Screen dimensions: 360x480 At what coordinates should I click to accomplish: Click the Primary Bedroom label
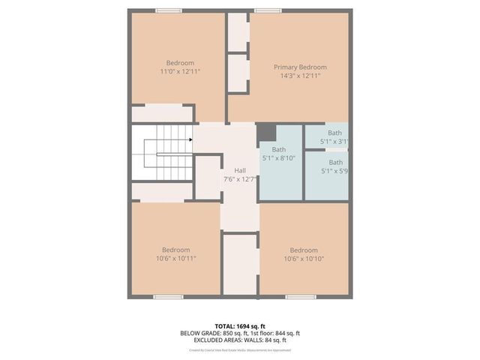click(x=300, y=67)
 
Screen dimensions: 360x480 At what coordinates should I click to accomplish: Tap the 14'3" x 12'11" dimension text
click(x=300, y=76)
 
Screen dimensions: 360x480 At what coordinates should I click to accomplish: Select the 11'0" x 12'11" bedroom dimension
click(x=180, y=71)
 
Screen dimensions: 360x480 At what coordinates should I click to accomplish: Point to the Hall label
click(x=240, y=170)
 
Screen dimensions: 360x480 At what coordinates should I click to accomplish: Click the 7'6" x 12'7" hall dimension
click(x=240, y=179)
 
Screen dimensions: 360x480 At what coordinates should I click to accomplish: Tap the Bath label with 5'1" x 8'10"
click(x=279, y=149)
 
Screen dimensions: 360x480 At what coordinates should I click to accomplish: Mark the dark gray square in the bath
click(x=266, y=133)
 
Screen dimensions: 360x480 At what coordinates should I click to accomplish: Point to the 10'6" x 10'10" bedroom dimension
click(x=304, y=259)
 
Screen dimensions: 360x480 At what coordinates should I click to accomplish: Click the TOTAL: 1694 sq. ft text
click(x=240, y=325)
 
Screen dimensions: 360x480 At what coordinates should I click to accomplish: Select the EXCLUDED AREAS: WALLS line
click(x=240, y=340)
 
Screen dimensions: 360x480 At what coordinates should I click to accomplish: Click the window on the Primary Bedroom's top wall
click(x=268, y=10)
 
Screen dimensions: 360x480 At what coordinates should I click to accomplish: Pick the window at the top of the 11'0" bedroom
click(x=168, y=10)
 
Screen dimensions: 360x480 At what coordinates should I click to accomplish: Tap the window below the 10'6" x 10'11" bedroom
click(x=168, y=297)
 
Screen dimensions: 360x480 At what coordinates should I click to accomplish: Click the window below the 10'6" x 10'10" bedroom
click(x=300, y=297)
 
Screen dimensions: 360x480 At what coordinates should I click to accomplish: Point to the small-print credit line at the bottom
click(x=240, y=349)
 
